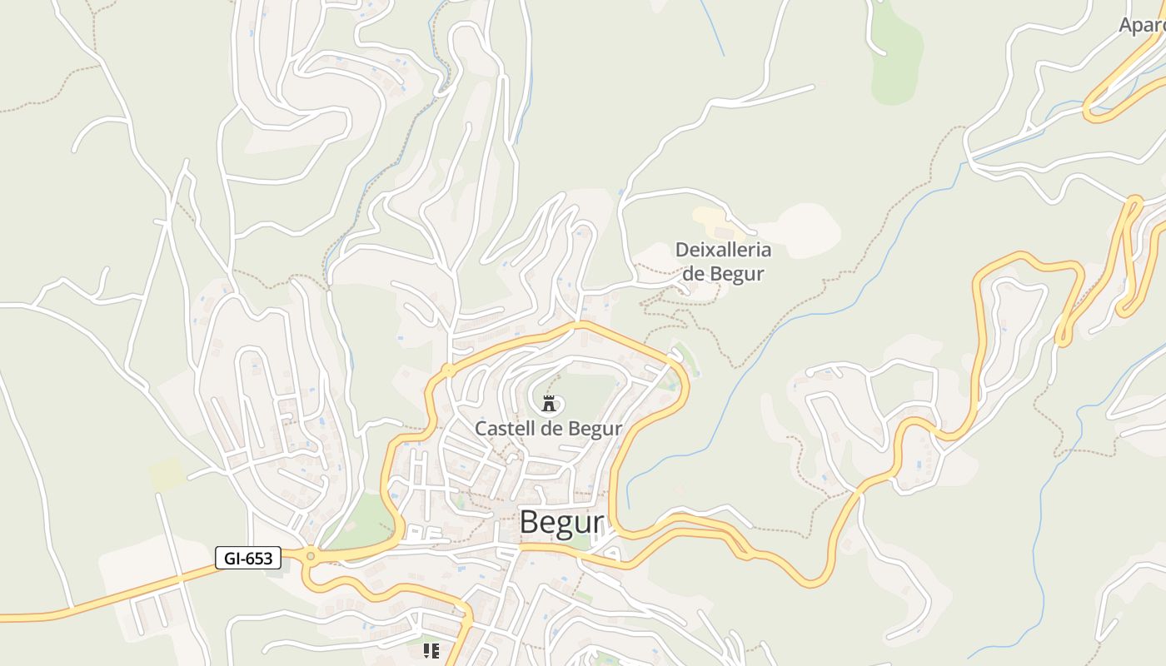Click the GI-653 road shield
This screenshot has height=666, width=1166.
click(x=248, y=558)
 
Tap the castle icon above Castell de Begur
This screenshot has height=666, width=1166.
click(x=549, y=405)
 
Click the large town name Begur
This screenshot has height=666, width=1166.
click(x=561, y=523)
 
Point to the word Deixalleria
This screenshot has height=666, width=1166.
click(x=723, y=250)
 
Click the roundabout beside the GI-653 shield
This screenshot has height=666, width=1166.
click(x=311, y=556)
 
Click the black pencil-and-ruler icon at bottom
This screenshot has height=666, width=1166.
click(x=431, y=650)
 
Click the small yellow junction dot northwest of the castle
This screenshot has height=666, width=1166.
click(x=449, y=370)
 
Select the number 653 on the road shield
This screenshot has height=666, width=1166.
click(x=259, y=558)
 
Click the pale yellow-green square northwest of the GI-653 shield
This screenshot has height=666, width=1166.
click(x=167, y=474)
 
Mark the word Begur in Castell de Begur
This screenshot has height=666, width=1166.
click(x=596, y=429)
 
